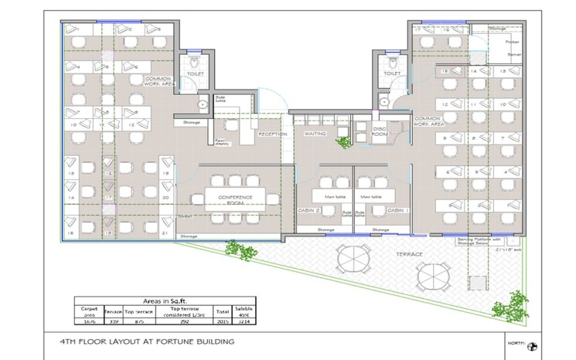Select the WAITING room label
tap(315, 134)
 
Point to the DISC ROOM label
tap(380, 131)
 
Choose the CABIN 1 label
tap(397, 210)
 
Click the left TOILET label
tap(195, 75)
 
